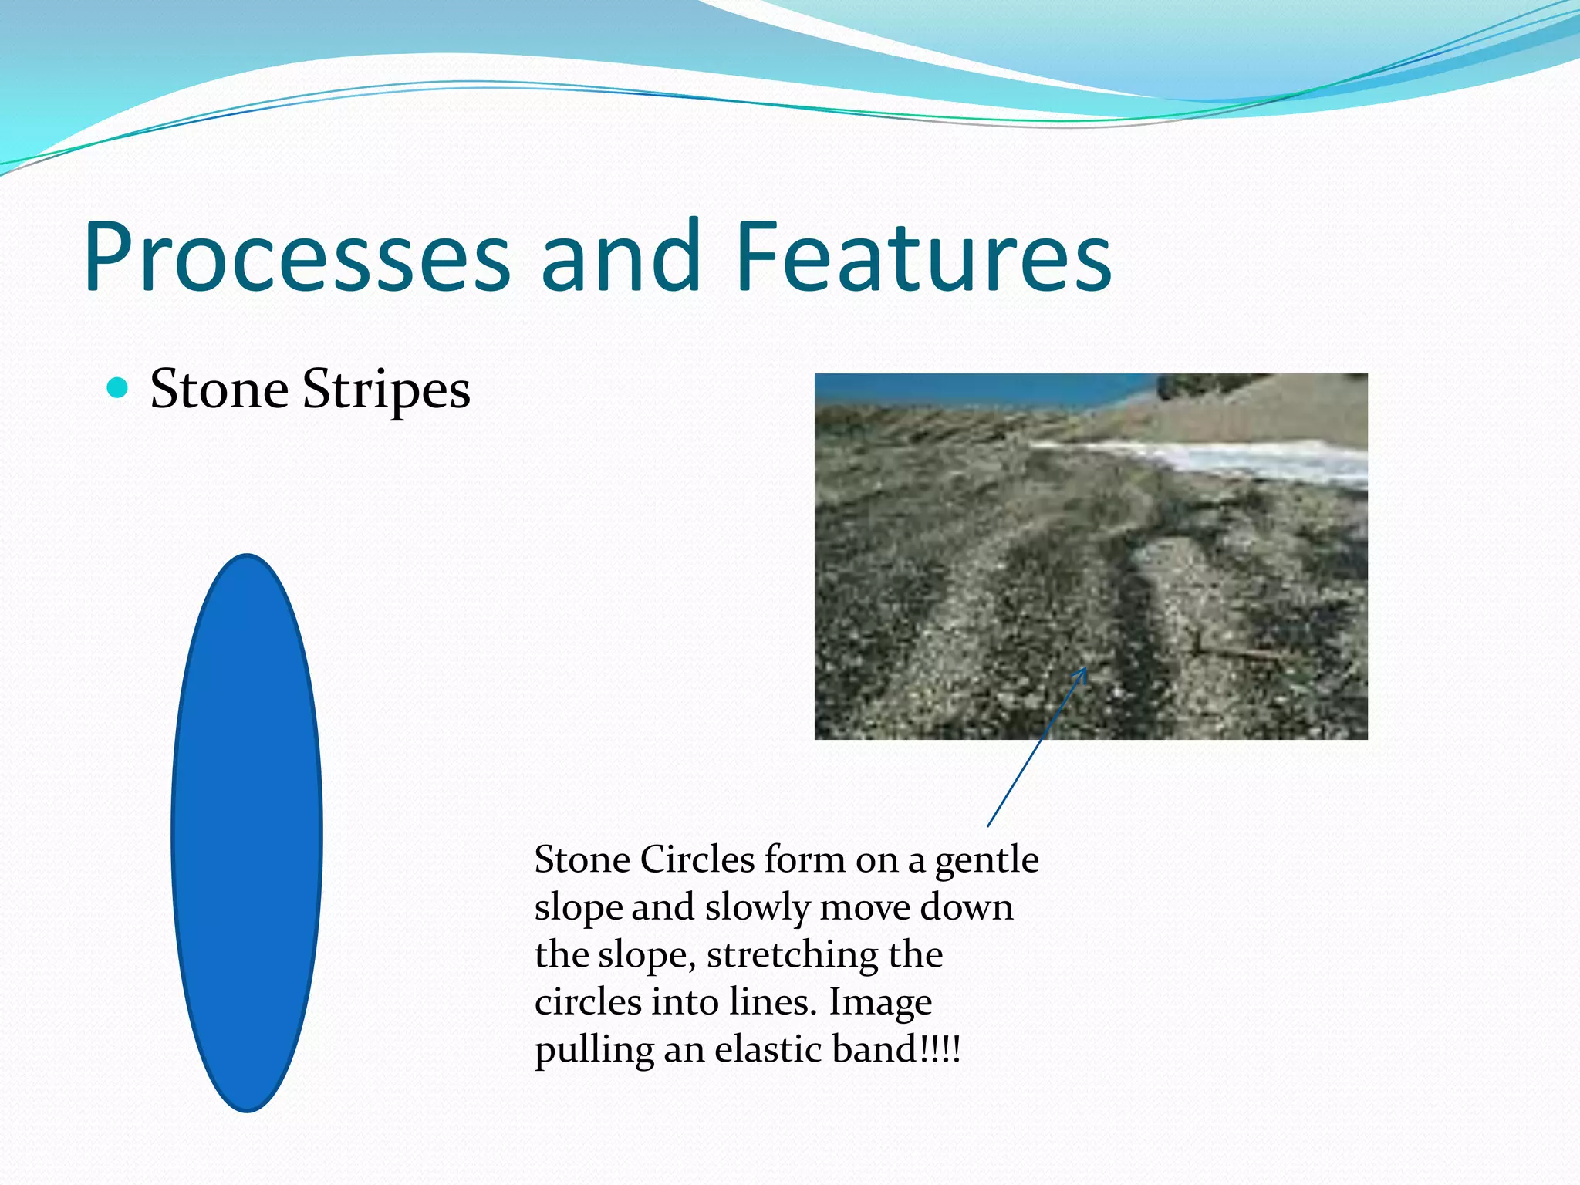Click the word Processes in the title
pos(297,258)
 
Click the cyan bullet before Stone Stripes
pos(117,388)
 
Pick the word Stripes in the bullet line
pos(386,390)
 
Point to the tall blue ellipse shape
pos(247,833)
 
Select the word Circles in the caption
pos(697,859)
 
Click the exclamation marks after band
pos(940,1049)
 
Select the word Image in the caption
pos(880,1004)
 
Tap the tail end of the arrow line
pos(989,825)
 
